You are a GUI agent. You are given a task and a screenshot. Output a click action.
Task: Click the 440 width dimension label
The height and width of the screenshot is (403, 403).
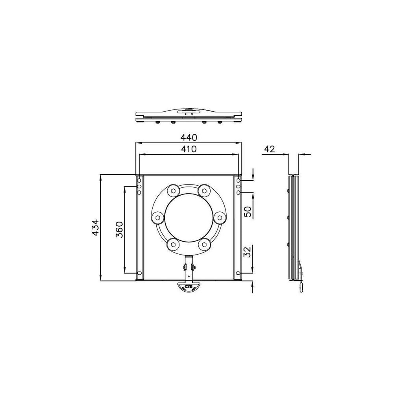pos(189,137)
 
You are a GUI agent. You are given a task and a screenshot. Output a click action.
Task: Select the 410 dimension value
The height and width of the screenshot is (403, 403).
pos(189,149)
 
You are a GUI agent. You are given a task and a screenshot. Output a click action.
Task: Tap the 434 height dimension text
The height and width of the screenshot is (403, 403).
pos(95,227)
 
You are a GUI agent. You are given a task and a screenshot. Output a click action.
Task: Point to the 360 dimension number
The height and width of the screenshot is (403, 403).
pos(119,229)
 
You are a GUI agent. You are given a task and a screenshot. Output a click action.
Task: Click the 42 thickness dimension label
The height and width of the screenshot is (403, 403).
pos(269,149)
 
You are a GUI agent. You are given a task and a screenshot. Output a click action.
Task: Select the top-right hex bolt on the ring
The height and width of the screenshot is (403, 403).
pos(204,190)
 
